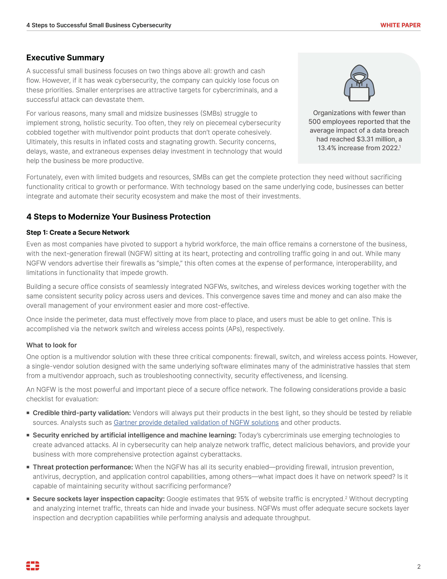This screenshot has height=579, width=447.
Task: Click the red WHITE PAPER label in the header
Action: tap(400, 25)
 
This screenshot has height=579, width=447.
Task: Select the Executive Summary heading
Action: tap(65, 58)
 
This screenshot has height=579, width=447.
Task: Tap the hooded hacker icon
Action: tap(359, 83)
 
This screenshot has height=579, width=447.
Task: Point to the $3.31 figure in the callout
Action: tap(365, 139)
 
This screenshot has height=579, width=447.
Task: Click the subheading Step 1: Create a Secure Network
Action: tap(78, 232)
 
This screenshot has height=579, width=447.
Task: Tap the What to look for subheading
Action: tap(51, 345)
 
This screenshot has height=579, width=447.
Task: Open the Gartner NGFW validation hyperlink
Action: tap(196, 423)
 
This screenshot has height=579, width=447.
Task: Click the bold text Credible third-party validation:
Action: tap(82, 413)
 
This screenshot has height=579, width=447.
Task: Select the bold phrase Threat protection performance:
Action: tap(83, 467)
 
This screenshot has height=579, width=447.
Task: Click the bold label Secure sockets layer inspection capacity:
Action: tap(99, 499)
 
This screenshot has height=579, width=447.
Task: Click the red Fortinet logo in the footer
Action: tap(33, 566)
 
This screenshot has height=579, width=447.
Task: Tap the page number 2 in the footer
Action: tap(419, 567)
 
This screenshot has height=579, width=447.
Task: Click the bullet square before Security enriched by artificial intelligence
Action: tap(28, 435)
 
